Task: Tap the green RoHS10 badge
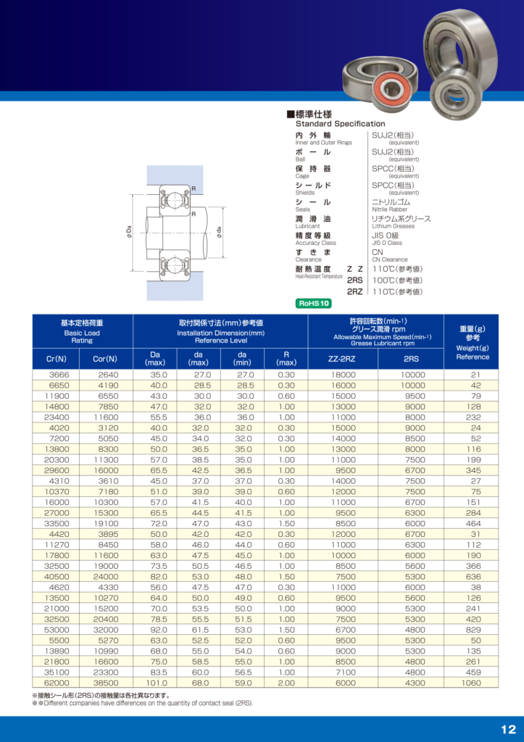[x=315, y=304]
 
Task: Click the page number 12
[x=507, y=729]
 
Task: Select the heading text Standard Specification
[x=340, y=124]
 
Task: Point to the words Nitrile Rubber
[x=390, y=209]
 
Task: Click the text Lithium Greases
[x=393, y=226]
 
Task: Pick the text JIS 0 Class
[x=386, y=243]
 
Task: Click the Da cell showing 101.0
[x=157, y=683]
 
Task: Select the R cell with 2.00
[x=286, y=683]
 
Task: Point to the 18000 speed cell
[x=343, y=375]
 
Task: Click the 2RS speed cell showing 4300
[x=415, y=683]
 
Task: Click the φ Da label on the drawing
[x=129, y=232]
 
